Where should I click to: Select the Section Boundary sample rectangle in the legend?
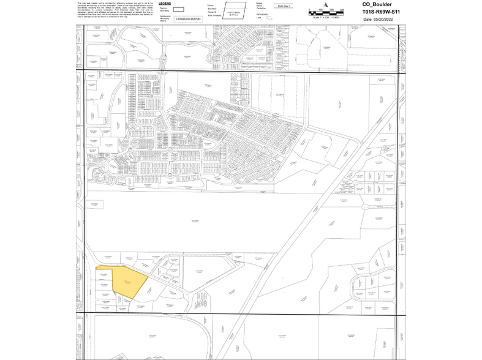179,10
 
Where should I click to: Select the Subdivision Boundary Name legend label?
165,18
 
